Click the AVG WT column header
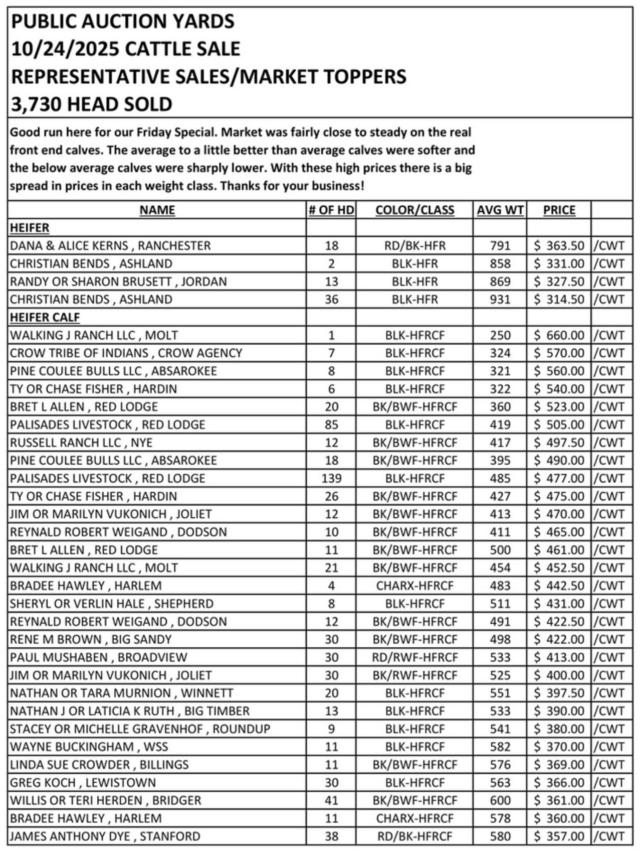coord(500,210)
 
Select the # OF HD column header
coord(331,210)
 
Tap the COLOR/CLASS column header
coord(414,210)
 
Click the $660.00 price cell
coord(559,335)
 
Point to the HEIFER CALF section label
coord(45,318)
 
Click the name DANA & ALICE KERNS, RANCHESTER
coord(110,246)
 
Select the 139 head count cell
coord(331,478)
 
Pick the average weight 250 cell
coord(500,335)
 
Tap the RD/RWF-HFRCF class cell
coord(415,657)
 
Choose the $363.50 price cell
coord(559,246)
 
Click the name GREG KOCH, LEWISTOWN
coord(83,783)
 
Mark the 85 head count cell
coord(331,425)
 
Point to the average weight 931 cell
coord(500,300)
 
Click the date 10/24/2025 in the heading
coord(65,49)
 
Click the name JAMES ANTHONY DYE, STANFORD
coord(105,836)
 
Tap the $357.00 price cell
coord(559,836)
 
